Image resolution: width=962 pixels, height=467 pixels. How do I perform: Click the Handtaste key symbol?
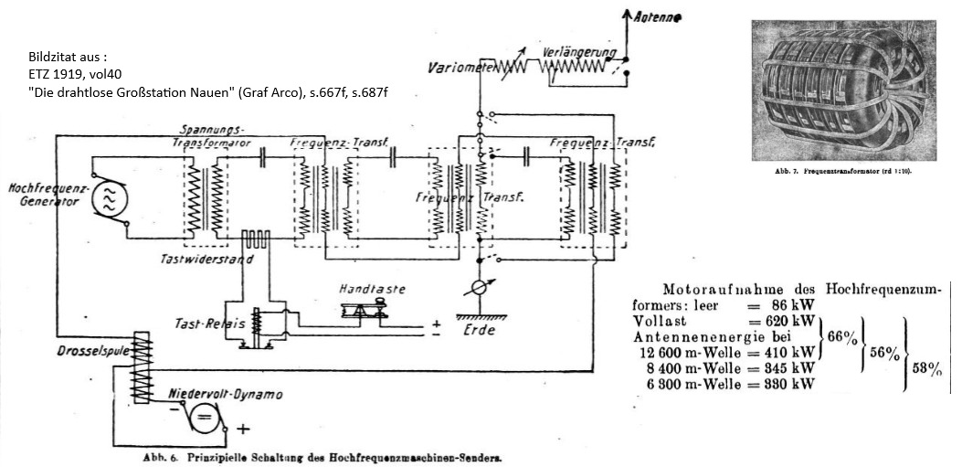(x=365, y=311)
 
